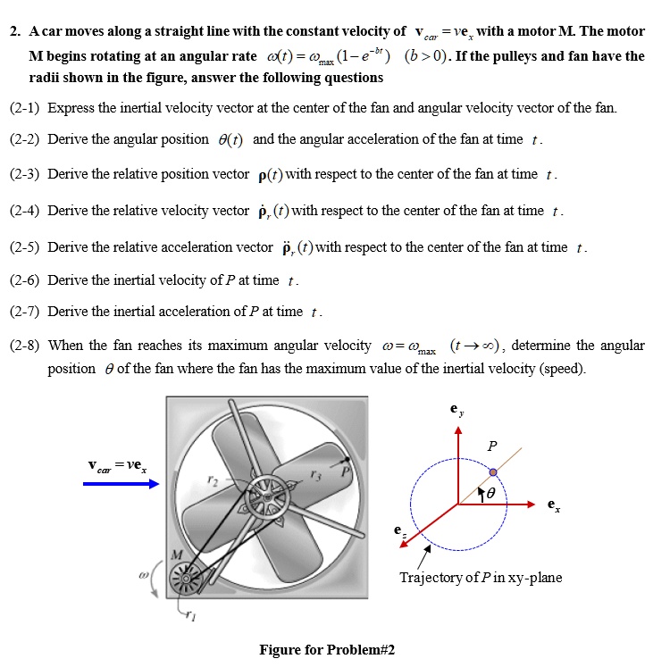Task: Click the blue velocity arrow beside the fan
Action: click(121, 484)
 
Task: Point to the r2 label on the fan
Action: click(212, 480)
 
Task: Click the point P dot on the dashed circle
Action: click(492, 471)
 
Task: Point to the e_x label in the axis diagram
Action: click(555, 506)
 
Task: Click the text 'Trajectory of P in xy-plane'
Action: click(481, 578)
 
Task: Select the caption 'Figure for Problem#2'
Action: click(327, 649)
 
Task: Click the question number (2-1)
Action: click(25, 108)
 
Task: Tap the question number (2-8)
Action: click(25, 345)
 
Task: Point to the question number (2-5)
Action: click(25, 246)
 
